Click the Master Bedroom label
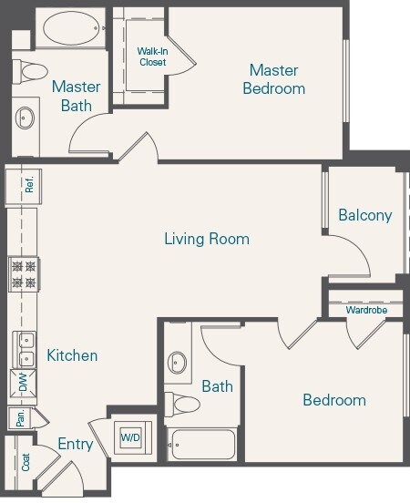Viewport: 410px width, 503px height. tap(274, 79)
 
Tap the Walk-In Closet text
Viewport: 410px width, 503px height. tap(152, 57)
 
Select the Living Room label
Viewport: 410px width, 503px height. tap(207, 240)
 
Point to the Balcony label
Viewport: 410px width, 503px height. tap(364, 216)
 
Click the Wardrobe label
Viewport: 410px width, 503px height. tap(366, 311)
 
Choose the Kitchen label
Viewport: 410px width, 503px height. tap(72, 355)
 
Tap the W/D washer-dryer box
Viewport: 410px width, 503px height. tap(130, 438)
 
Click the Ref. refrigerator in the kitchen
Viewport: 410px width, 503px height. tap(28, 185)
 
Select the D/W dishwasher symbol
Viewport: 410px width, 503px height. tap(23, 385)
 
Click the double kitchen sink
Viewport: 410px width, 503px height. tap(24, 350)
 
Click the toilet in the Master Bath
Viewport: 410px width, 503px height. tap(33, 72)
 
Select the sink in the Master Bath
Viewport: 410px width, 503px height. tap(26, 117)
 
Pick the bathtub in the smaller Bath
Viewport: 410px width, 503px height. tap(202, 445)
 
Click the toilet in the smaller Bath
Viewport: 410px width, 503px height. tap(185, 404)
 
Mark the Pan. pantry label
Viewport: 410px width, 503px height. tap(18, 418)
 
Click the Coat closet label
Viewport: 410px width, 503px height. tap(26, 462)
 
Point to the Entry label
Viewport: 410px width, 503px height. tap(76, 444)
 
